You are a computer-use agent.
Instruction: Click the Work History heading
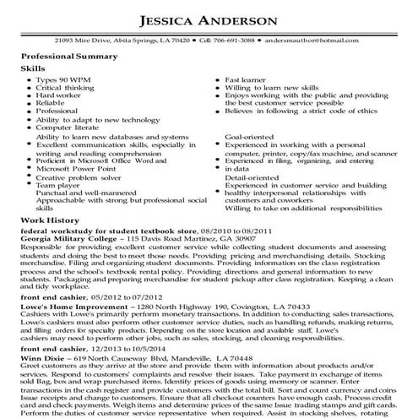click(48, 218)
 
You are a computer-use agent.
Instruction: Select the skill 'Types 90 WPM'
click(64, 79)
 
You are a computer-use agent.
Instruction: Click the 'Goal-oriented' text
click(250, 136)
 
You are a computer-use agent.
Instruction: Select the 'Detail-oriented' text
click(252, 176)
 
